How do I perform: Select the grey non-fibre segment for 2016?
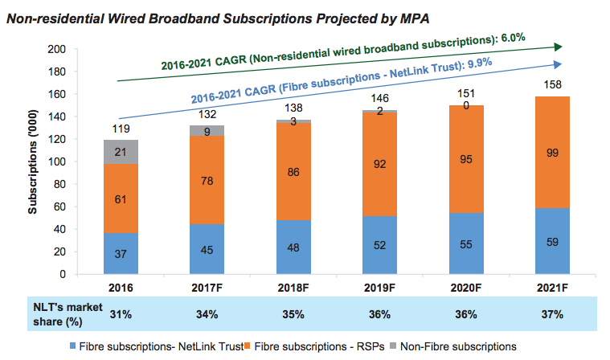point(120,152)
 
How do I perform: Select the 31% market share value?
point(120,313)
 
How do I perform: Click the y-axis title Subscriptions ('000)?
point(33,161)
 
